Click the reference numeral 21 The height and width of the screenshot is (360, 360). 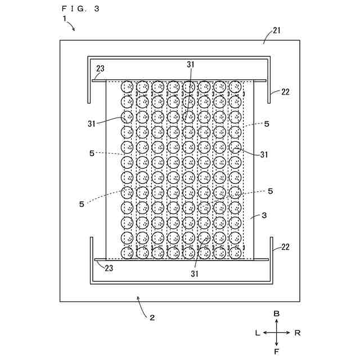click(x=277, y=30)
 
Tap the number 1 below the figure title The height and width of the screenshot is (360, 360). click(x=65, y=18)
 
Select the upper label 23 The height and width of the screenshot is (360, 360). click(x=100, y=69)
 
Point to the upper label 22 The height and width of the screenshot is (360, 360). click(x=285, y=92)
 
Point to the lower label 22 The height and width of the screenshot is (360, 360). click(x=285, y=247)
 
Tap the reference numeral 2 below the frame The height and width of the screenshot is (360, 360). click(x=151, y=317)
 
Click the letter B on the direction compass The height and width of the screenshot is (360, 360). click(x=276, y=313)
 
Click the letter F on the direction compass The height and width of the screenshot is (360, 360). click(x=276, y=352)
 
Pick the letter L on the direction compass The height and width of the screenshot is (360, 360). click(x=257, y=332)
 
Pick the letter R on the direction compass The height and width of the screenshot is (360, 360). click(x=297, y=332)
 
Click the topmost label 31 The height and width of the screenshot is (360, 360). click(x=191, y=65)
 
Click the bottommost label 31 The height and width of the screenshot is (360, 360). click(x=195, y=274)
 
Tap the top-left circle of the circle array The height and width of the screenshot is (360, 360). click(x=128, y=87)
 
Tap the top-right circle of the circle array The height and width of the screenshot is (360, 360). click(x=235, y=87)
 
